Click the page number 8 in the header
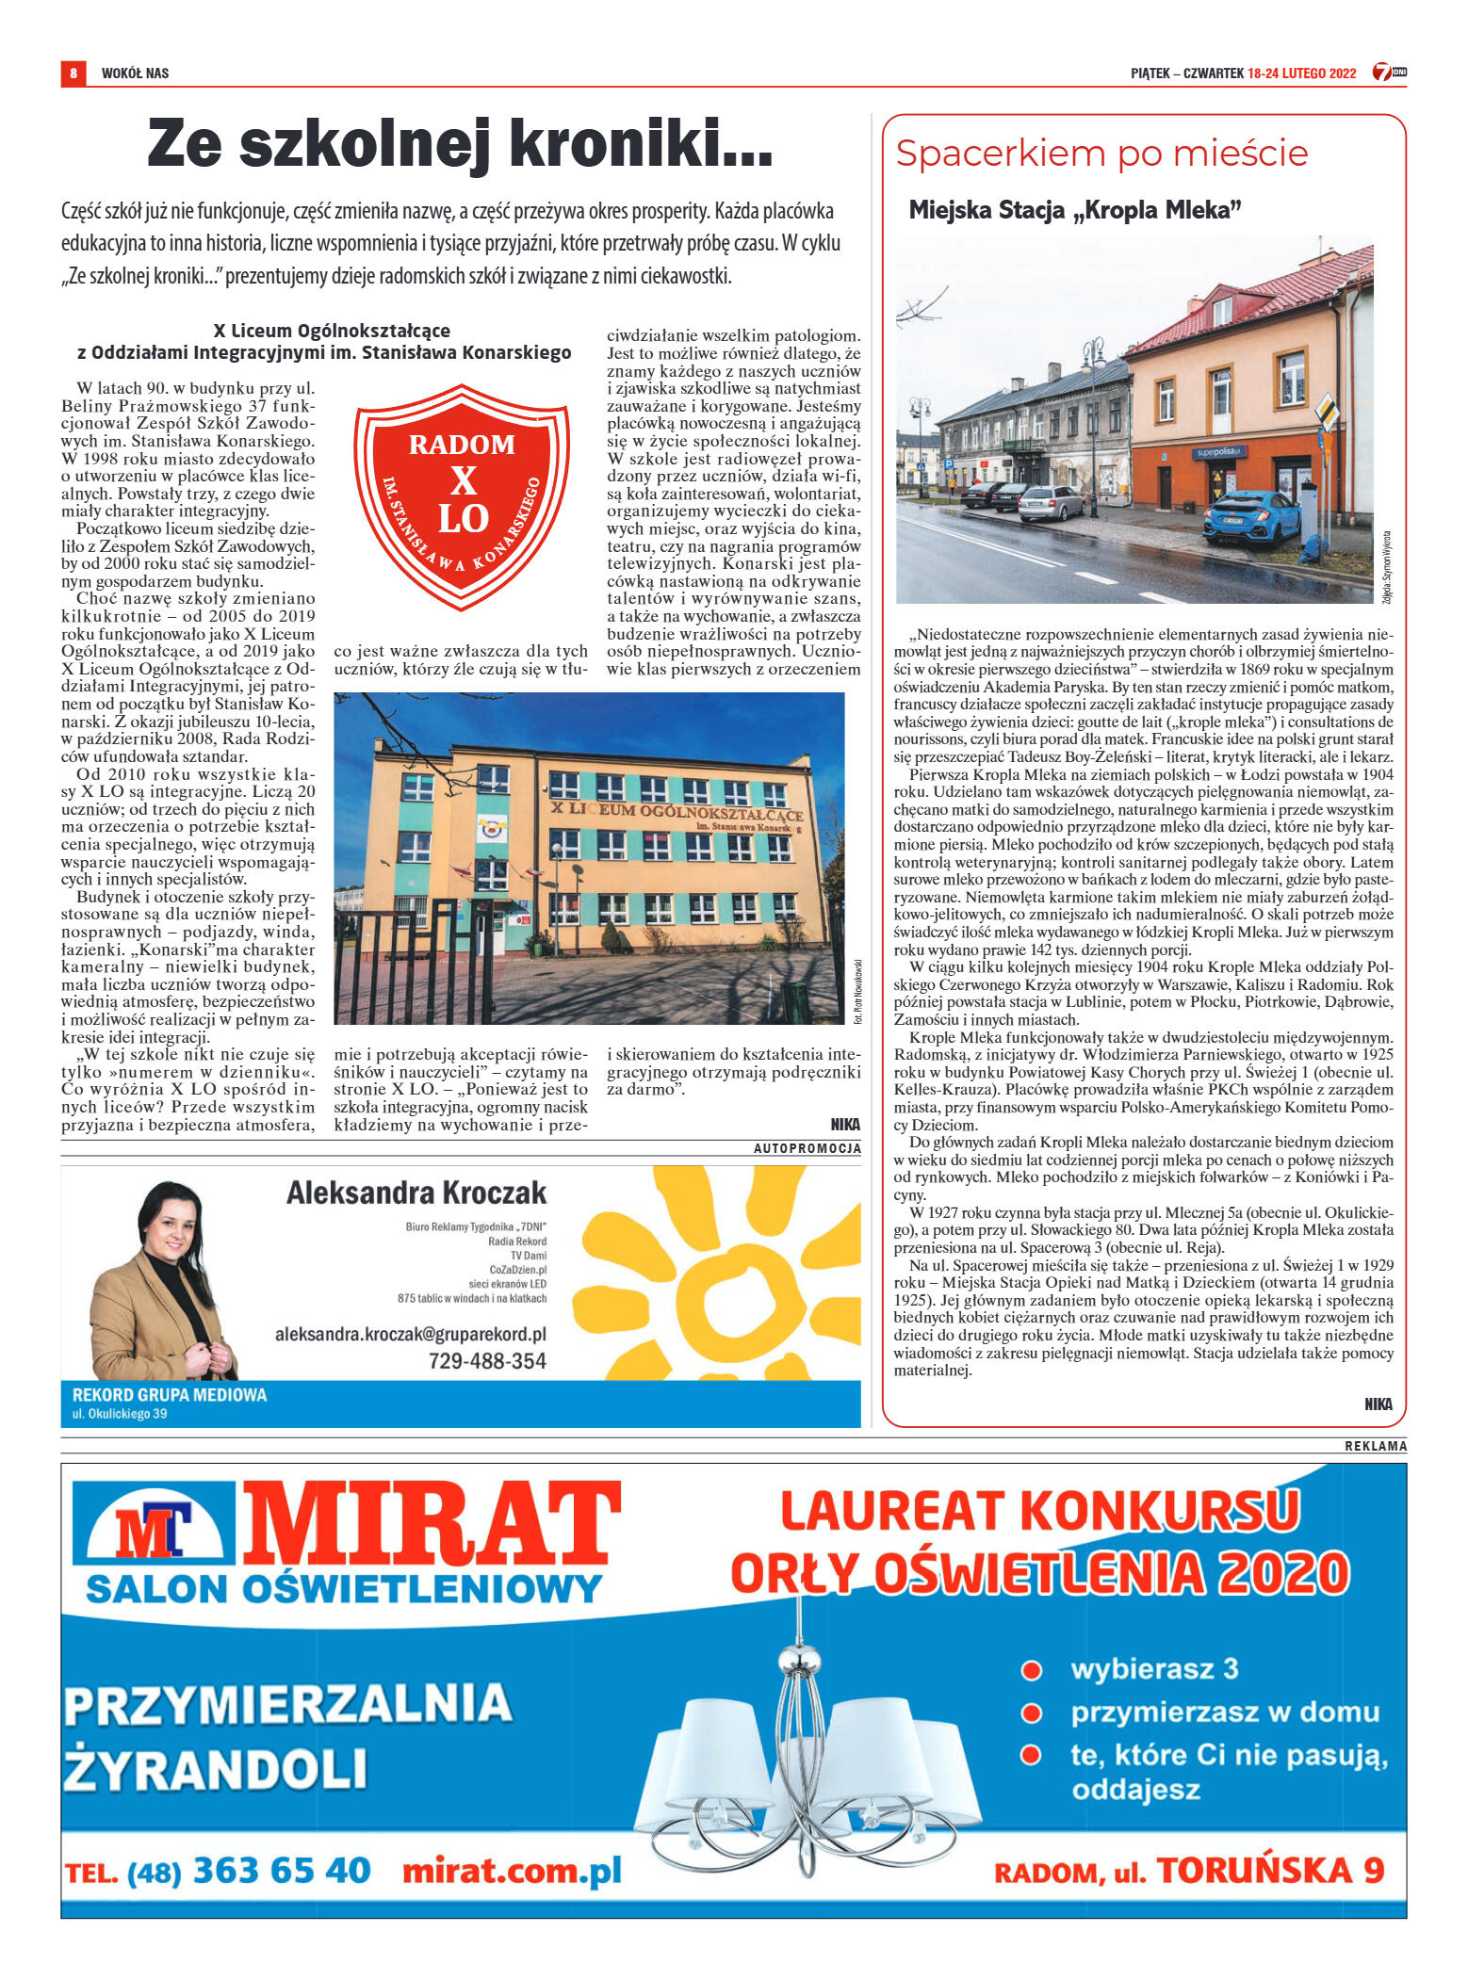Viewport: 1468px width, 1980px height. click(73, 73)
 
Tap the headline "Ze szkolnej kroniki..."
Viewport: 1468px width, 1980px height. click(460, 144)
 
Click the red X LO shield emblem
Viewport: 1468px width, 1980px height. click(462, 495)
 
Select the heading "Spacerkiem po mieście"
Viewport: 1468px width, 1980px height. click(1101, 154)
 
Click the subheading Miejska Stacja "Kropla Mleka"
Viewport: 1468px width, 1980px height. click(1074, 210)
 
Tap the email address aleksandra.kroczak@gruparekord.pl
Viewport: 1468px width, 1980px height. click(410, 1334)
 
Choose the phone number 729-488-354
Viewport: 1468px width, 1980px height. click(487, 1360)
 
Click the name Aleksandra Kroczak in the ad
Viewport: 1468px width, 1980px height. click(416, 1193)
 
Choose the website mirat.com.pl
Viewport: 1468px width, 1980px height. click(512, 1871)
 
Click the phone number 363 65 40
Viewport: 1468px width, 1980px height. click(282, 1871)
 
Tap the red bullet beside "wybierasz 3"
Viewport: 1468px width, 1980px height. click(1032, 1670)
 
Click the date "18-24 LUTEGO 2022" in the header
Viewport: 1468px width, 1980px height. click(1301, 73)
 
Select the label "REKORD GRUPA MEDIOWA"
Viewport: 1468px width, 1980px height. click(170, 1395)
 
